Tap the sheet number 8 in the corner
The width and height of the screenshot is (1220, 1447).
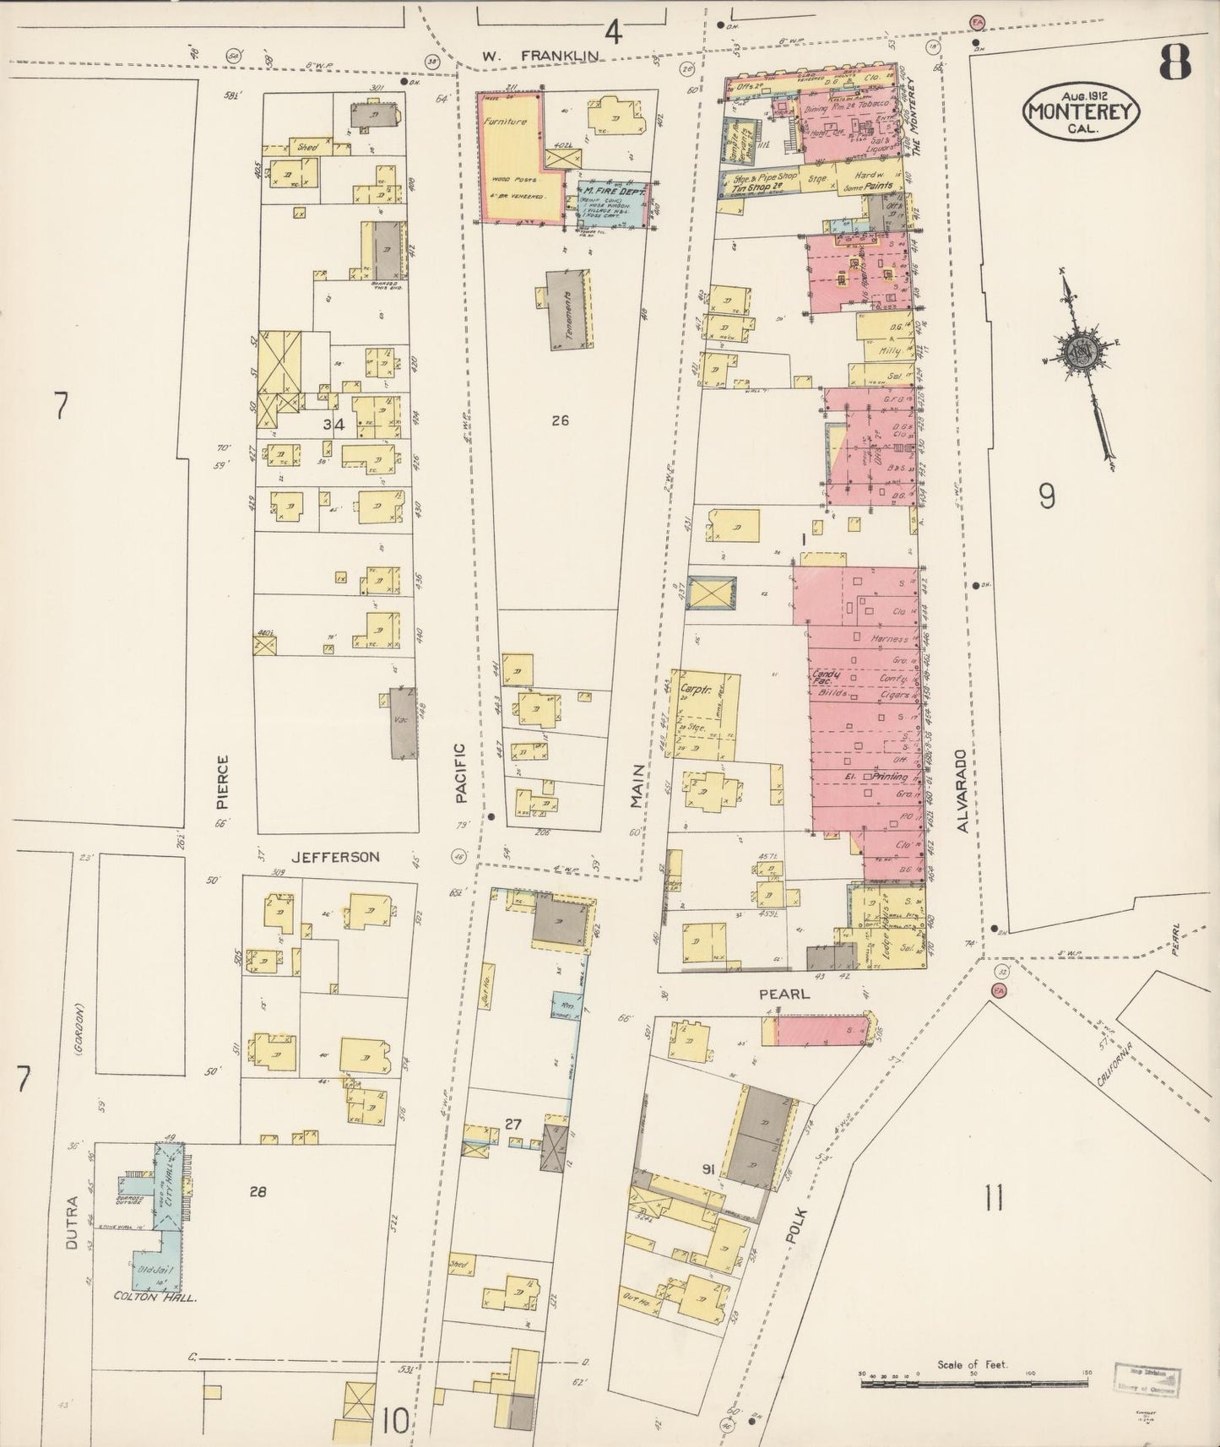point(1174,61)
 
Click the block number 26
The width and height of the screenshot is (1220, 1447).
point(560,420)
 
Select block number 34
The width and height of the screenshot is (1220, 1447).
point(334,425)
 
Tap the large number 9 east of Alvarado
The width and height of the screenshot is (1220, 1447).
point(1046,497)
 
